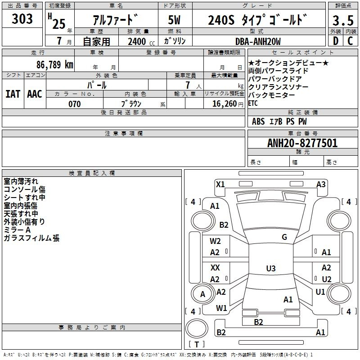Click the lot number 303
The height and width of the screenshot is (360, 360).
(22, 19)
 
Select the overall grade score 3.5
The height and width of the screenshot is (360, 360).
(342, 21)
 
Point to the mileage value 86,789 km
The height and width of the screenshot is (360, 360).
(54, 64)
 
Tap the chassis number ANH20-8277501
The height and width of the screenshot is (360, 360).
(302, 143)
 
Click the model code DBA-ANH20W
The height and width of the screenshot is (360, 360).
(257, 41)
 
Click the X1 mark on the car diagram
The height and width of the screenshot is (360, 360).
(220, 184)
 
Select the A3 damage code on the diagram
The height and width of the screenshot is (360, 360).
(321, 184)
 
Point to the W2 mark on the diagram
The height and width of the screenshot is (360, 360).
(215, 241)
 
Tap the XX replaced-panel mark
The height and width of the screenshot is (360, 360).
(215, 267)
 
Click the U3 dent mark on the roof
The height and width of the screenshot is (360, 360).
(270, 269)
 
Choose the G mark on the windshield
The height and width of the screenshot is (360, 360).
(284, 237)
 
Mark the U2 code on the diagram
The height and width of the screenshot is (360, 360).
(327, 279)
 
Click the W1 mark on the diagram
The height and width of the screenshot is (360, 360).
(221, 308)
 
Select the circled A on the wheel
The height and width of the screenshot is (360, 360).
(202, 294)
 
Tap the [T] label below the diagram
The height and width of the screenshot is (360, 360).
(196, 345)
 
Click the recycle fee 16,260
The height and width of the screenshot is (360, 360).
(223, 104)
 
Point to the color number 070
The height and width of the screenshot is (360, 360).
(74, 104)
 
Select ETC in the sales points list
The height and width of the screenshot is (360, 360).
(253, 103)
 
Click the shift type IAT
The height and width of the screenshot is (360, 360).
(13, 94)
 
